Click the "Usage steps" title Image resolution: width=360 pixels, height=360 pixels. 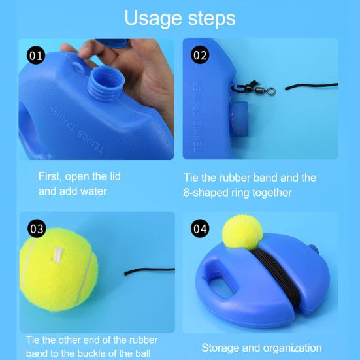click(x=180, y=18)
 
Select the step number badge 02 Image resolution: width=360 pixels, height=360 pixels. click(x=199, y=54)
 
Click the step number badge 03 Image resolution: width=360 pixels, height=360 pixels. click(x=37, y=229)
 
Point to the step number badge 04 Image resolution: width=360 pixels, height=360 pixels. click(x=199, y=229)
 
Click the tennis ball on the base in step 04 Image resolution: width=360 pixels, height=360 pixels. click(x=242, y=233)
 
